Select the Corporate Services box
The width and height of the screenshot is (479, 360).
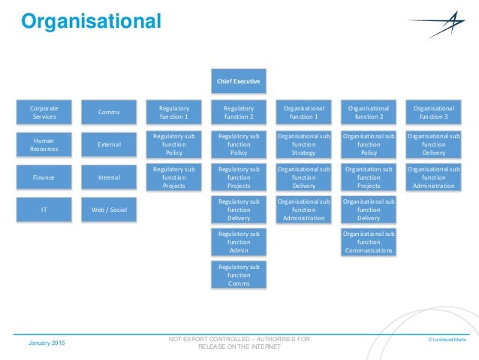tap(45, 113)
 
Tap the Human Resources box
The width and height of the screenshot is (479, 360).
tap(45, 144)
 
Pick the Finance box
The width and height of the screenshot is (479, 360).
tap(45, 178)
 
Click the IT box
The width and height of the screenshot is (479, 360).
tap(45, 210)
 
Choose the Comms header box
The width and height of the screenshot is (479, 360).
tap(109, 113)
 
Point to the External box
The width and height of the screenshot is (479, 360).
tap(109, 144)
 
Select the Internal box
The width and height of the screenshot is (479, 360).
tap(109, 178)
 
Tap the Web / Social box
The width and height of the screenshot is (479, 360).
tap(109, 210)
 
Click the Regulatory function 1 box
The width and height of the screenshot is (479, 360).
tap(174, 113)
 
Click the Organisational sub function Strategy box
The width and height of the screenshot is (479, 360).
tap(304, 144)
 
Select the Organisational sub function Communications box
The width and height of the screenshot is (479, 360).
tap(369, 242)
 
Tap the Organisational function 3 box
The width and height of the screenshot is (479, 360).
tap(433, 113)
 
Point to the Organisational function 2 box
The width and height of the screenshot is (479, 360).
tap(369, 113)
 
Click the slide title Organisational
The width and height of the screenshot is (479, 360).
tap(90, 22)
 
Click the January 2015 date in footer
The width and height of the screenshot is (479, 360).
tap(47, 343)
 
